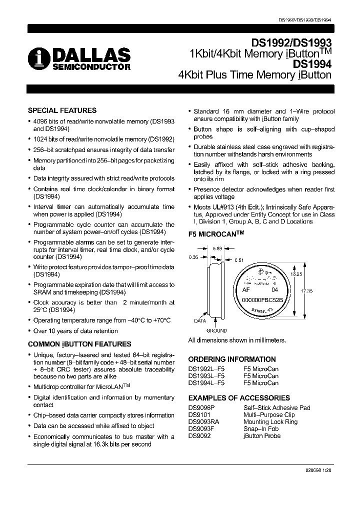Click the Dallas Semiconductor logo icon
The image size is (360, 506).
[36, 58]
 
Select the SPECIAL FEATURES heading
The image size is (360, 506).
[62, 110]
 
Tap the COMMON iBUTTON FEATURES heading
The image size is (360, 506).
[79, 344]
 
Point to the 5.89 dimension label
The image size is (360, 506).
[217, 248]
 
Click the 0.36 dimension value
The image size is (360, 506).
[194, 257]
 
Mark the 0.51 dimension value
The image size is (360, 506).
[239, 260]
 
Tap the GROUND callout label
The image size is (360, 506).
[216, 330]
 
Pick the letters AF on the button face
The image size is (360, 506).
[246, 289]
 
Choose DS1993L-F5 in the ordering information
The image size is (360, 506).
[206, 376]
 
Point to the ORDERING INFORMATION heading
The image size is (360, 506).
[232, 359]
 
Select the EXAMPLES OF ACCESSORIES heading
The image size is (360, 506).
[239, 398]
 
